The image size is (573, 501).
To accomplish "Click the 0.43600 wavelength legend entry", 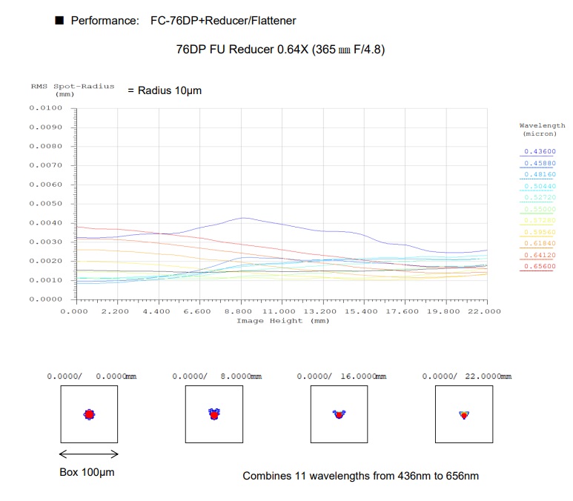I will [x=539, y=151].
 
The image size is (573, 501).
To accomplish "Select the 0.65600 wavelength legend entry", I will [x=539, y=265].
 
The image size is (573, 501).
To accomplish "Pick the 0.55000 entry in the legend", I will [x=539, y=209].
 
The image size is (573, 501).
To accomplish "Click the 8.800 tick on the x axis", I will [x=240, y=311].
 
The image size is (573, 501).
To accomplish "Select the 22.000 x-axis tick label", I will [x=487, y=311].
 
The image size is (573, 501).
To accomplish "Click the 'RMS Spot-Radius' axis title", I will [x=73, y=86].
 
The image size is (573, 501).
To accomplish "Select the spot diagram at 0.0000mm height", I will [x=89, y=414].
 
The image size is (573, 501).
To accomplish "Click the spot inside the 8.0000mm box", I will [x=213, y=414].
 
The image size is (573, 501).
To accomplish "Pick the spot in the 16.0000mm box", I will [x=339, y=414].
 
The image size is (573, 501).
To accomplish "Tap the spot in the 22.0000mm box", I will [x=464, y=414].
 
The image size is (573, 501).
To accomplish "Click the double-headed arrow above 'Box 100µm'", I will [x=88, y=454].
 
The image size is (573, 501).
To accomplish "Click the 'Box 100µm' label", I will [x=87, y=471].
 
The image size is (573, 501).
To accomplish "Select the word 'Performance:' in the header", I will [x=105, y=21].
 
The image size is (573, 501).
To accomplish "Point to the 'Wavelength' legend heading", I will [x=542, y=126].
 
